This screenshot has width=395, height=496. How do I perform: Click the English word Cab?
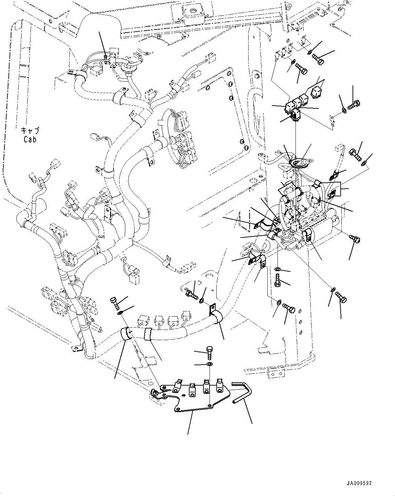pos(30,139)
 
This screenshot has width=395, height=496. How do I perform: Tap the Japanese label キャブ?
pos(30,131)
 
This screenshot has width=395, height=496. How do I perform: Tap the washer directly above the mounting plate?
pos(210,365)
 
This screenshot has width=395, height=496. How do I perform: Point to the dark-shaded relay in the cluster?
pos(295,114)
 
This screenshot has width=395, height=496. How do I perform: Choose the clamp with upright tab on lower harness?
pos(214,314)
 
